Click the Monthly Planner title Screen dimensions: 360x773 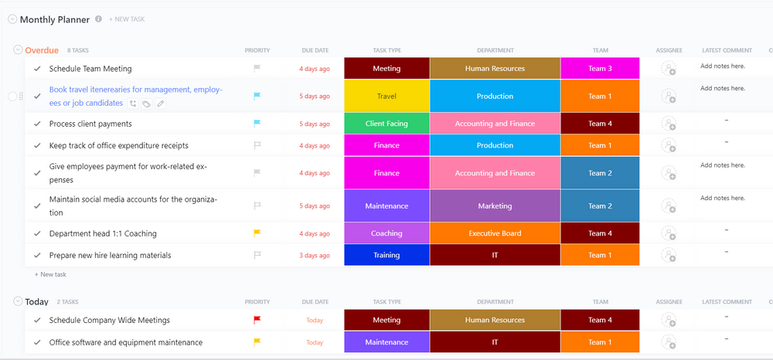[54, 19]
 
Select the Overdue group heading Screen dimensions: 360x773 [42, 50]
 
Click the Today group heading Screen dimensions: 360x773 [36, 302]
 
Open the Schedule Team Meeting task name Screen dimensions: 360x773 [90, 69]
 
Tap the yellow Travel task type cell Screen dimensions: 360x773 [386, 97]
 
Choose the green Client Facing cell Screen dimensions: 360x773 [386, 124]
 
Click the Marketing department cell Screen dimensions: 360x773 [495, 206]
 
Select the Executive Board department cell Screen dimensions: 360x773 [495, 233]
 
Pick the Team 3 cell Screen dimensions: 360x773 [600, 69]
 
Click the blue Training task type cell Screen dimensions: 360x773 [386, 255]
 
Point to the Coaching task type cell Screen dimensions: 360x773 [386, 233]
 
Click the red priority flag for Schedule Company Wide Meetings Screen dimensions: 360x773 [257, 320]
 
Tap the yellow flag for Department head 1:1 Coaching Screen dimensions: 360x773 [257, 233]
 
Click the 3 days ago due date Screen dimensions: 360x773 [315, 256]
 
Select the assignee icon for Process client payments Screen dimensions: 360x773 [669, 124]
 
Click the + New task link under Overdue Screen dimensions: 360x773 [50, 274]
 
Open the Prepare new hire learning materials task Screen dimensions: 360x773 [110, 256]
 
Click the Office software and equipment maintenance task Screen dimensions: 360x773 [126, 342]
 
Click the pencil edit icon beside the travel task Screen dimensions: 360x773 [160, 104]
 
